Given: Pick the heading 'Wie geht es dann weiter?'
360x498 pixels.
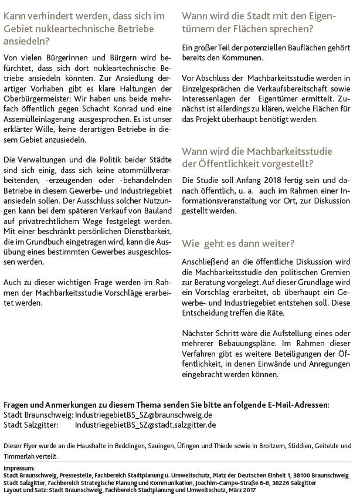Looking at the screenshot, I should click(238, 242).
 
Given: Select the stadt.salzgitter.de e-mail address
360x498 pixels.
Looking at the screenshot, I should click(145, 425).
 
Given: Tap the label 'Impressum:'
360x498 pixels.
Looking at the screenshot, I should click(19, 467).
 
